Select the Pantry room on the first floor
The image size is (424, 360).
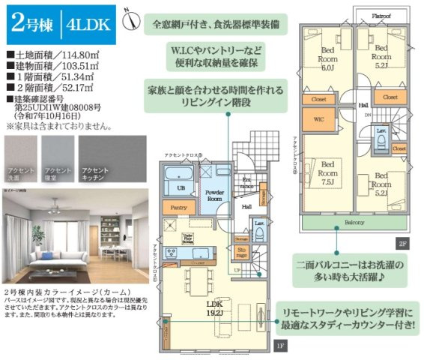click(x=178, y=206)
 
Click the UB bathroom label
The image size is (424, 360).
click(x=181, y=187)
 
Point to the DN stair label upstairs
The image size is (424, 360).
click(x=367, y=115)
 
